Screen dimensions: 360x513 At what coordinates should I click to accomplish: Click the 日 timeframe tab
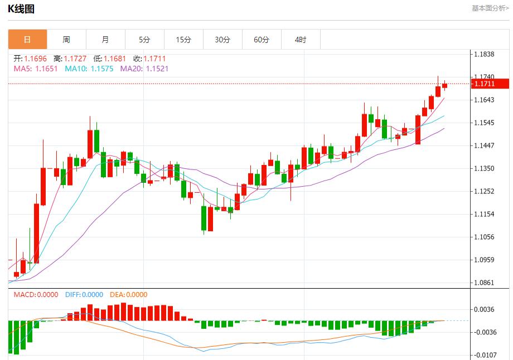[27, 40]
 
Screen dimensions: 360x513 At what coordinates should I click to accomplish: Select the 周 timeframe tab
[66, 40]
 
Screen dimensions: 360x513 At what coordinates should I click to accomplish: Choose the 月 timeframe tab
[105, 40]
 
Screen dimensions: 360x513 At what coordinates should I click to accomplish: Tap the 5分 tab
[144, 40]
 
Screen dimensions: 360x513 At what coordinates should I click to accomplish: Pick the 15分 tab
[183, 40]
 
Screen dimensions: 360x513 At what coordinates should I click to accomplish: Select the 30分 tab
[222, 40]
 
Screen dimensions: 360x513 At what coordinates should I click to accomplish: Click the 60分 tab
[262, 40]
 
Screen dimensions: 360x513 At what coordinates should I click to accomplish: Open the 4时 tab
[301, 40]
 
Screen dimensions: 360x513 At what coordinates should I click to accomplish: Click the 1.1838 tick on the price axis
[484, 54]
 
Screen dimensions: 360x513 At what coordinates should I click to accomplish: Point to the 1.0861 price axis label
[484, 283]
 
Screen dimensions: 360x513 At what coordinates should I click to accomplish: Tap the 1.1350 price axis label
[484, 168]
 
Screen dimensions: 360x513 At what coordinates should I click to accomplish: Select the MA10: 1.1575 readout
[89, 69]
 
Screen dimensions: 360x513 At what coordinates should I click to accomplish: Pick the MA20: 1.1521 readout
[144, 69]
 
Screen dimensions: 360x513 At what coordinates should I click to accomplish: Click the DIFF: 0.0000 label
[84, 295]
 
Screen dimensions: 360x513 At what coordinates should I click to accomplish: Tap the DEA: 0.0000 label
[128, 295]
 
